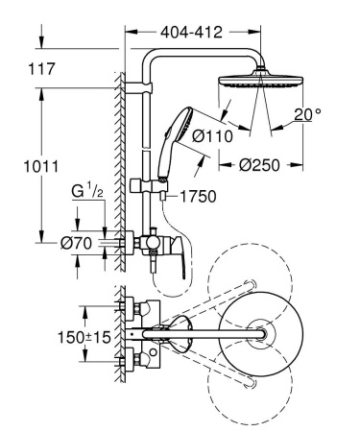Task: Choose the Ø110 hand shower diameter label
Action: pyautogui.click(x=214, y=135)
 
